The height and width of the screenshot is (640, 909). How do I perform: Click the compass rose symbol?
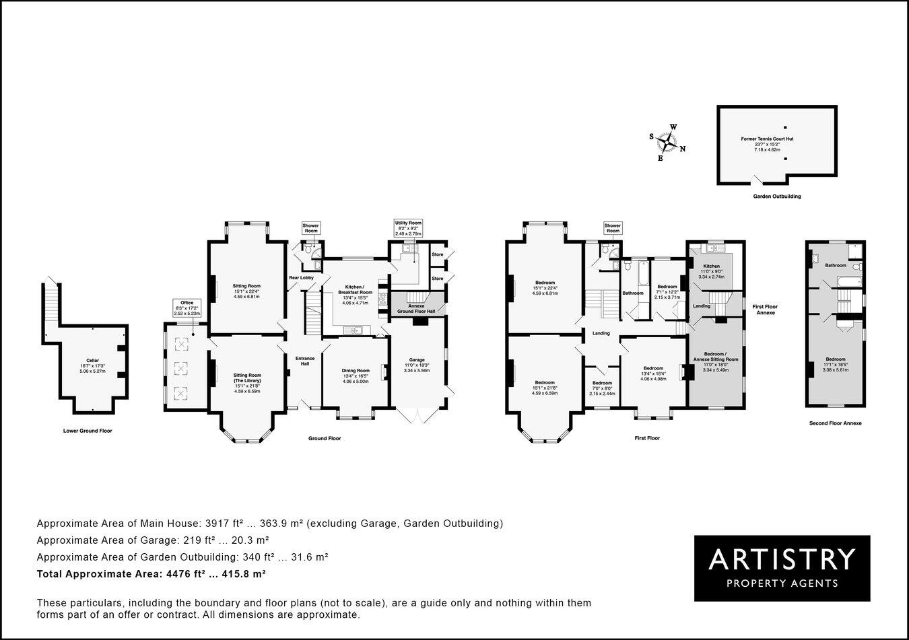[667, 142]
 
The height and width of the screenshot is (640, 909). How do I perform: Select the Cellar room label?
[92, 361]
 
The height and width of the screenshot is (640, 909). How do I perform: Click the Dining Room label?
[356, 370]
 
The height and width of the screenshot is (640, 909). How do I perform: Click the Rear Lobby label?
[301, 277]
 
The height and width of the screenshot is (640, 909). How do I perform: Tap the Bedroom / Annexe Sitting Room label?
[715, 357]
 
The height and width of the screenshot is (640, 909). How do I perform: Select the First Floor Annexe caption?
[765, 309]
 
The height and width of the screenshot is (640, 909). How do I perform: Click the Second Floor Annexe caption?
[835, 423]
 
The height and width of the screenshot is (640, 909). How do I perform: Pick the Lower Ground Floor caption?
[88, 431]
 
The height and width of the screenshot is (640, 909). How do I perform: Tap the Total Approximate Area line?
[151, 574]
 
